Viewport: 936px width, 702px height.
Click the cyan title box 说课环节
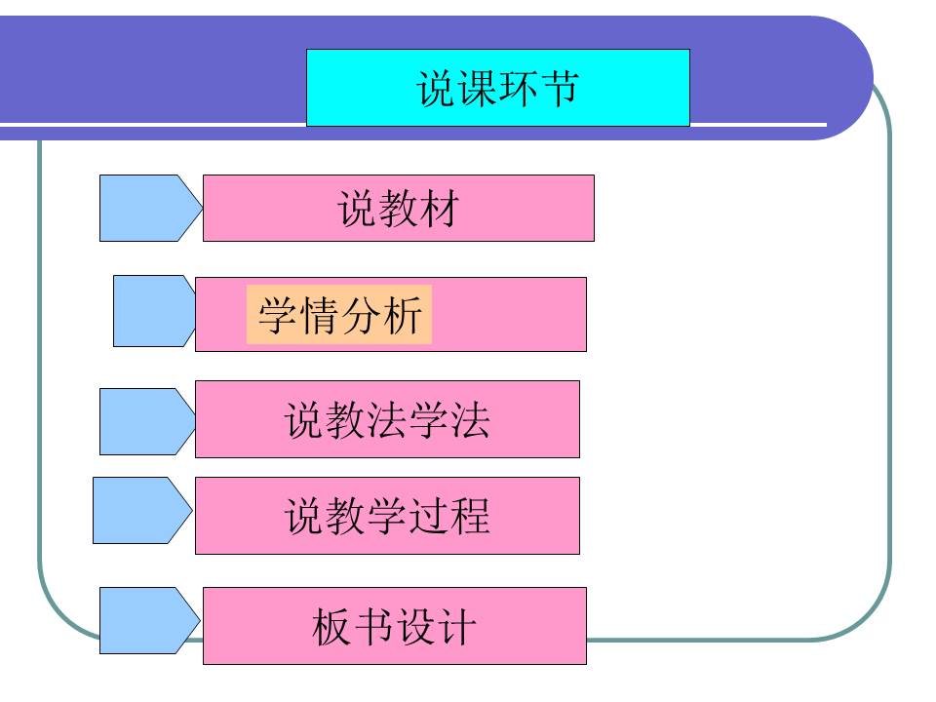497,88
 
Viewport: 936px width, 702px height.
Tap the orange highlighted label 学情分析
339,315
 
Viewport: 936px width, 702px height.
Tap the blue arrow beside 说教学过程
141,510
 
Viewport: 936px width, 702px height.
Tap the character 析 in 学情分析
402,316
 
